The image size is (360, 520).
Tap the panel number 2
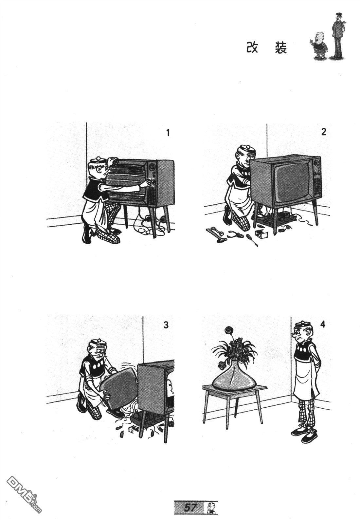[324, 132]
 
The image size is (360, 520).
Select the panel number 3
[166, 325]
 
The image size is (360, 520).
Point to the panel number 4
[322, 324]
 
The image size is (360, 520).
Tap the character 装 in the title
[281, 48]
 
